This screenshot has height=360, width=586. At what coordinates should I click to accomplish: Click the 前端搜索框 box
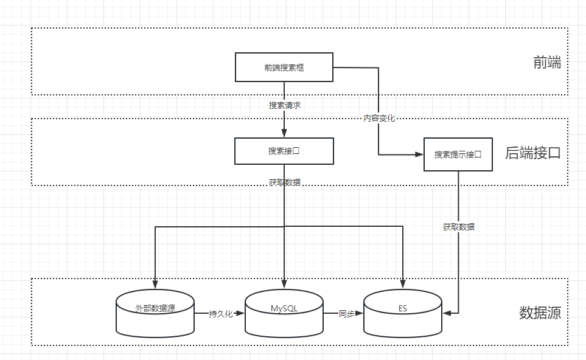tap(284, 67)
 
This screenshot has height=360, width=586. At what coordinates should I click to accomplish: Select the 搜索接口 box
tap(284, 151)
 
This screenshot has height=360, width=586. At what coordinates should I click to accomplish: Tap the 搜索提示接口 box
tap(458, 154)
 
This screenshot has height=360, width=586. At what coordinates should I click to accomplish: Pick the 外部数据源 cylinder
tap(155, 313)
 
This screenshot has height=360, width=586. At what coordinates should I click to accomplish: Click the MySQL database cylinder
tap(284, 313)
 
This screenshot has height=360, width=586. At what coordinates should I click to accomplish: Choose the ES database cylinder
tap(402, 313)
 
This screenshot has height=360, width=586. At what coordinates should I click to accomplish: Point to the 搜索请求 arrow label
tap(284, 105)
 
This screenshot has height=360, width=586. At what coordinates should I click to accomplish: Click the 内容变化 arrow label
tap(379, 118)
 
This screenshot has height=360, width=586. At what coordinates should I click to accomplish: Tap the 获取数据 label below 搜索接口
tap(284, 182)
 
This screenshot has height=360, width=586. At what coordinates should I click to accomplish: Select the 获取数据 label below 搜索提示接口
tap(459, 227)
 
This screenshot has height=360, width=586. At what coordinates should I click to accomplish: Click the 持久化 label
tap(220, 314)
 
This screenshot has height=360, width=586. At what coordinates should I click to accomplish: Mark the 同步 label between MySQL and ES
tap(346, 314)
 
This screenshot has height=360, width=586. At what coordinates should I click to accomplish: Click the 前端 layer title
tap(546, 63)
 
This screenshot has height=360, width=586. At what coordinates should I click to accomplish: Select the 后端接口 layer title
tap(532, 153)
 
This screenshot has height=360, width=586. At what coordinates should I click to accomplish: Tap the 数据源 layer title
tap(539, 313)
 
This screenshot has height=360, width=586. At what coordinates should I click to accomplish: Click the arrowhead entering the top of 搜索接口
tap(284, 134)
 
